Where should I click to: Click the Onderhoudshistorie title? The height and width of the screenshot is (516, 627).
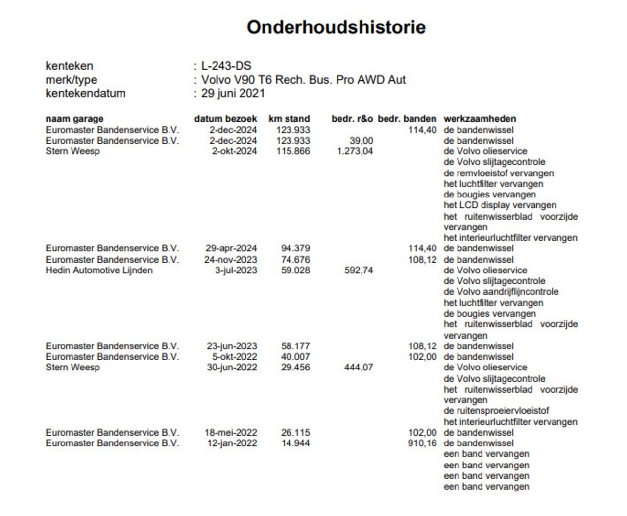pyautogui.click(x=336, y=27)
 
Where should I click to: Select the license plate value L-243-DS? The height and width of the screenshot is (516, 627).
pyautogui.click(x=226, y=66)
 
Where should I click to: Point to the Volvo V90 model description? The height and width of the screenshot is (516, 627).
pyautogui.click(x=303, y=80)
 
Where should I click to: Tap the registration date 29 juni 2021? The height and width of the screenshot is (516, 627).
pyautogui.click(x=233, y=93)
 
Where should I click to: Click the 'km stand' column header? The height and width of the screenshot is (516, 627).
pyautogui.click(x=289, y=119)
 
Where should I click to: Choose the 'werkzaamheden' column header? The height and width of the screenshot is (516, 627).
pyautogui.click(x=480, y=119)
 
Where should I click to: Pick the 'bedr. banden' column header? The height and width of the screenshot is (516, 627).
pyautogui.click(x=407, y=119)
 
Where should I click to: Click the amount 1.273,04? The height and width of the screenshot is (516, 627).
pyautogui.click(x=355, y=151)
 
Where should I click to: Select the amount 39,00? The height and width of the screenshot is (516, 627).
pyautogui.click(x=361, y=141)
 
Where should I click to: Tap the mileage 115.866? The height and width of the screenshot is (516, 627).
pyautogui.click(x=295, y=151)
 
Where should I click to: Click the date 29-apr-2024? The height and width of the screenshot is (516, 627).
pyautogui.click(x=231, y=248)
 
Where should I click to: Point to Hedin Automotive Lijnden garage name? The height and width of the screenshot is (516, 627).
pyautogui.click(x=99, y=270)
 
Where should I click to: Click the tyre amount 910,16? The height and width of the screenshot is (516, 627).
pyautogui.click(x=422, y=443)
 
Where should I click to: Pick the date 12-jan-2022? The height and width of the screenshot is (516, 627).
pyautogui.click(x=232, y=443)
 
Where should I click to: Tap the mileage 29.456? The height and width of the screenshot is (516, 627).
pyautogui.click(x=295, y=368)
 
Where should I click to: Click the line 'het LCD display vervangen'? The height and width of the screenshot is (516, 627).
pyautogui.click(x=500, y=205)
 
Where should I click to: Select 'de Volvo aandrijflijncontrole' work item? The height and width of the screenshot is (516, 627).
pyautogui.click(x=501, y=292)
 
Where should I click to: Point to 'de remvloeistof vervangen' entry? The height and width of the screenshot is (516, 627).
pyautogui.click(x=499, y=173)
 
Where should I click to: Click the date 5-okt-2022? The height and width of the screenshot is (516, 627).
pyautogui.click(x=234, y=357)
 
